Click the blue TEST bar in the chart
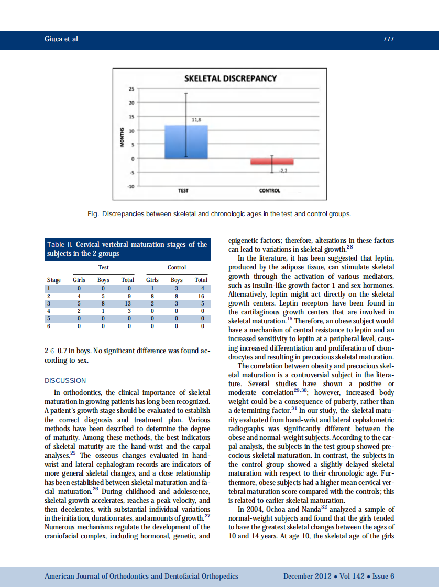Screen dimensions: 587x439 [186, 141]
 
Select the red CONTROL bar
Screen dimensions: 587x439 [272, 162]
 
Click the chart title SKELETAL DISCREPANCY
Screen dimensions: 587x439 [231, 78]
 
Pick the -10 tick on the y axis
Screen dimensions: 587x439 [131, 186]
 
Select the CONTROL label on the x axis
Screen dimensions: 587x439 [270, 190]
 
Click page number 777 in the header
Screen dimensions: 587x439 [388, 39]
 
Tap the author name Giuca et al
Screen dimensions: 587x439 [61, 39]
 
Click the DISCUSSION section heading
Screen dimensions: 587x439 [65, 381]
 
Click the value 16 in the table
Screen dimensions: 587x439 [200, 296]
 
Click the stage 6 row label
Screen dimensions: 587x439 [48, 326]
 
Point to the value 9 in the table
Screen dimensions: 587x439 [128, 296]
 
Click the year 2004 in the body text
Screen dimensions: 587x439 [255, 509]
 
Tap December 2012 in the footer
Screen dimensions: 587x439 [308, 576]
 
